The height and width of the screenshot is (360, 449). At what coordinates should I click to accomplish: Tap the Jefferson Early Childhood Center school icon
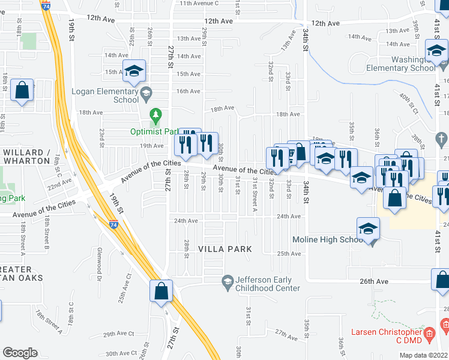tap(228, 280)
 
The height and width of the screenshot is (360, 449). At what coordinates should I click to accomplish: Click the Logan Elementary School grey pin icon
tap(146, 92)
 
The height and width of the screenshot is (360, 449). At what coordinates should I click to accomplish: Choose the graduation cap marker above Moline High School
tap(369, 228)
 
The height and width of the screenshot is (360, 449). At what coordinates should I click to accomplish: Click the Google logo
tap(20, 353)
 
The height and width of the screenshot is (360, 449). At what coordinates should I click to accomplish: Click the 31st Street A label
tap(255, 194)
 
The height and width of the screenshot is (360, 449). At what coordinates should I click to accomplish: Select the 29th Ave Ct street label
tap(118, 334)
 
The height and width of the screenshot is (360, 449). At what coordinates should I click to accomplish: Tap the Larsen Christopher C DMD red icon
tap(429, 332)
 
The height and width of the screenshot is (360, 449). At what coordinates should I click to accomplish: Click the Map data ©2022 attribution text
tap(424, 355)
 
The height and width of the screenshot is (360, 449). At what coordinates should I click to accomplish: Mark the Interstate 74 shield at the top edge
tap(46, 4)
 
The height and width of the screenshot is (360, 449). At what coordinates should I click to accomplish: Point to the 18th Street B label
tap(47, 234)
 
